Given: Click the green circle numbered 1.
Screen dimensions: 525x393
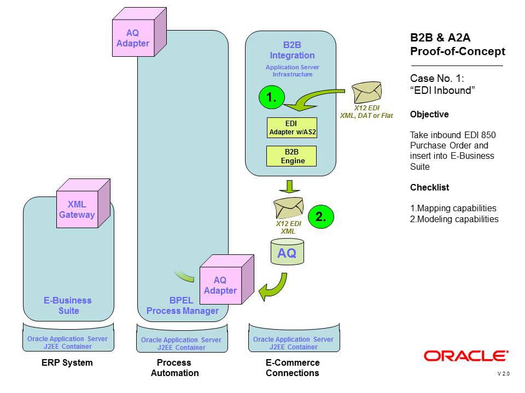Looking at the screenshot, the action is (272, 97).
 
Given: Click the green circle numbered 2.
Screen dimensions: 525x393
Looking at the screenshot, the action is (321, 217).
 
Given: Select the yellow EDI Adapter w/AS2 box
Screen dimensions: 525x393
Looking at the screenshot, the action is (292, 128).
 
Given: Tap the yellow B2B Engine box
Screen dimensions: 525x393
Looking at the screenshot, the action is (291, 156).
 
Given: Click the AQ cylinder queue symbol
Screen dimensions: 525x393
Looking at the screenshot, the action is (287, 252).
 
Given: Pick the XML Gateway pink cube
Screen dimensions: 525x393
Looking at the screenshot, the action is (83, 204).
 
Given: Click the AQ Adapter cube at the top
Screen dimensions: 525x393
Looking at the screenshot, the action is (139, 32).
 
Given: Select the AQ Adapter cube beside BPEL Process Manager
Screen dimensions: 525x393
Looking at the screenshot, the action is (226, 279).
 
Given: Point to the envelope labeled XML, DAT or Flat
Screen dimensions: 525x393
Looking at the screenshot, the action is (366, 92).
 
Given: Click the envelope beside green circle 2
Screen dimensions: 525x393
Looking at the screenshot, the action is (288, 207).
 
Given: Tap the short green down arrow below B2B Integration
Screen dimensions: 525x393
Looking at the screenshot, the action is (290, 187).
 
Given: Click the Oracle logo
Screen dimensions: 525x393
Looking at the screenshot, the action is (466, 356).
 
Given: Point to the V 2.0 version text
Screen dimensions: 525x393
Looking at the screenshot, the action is (503, 373).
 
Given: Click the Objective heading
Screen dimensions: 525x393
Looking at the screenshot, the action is (429, 114).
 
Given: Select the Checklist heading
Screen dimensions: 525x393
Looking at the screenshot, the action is (430, 187).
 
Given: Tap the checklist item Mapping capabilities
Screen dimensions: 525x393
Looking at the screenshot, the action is (453, 208).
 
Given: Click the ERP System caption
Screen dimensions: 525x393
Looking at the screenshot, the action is (67, 362).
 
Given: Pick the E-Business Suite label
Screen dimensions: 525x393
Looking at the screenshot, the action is (68, 306).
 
